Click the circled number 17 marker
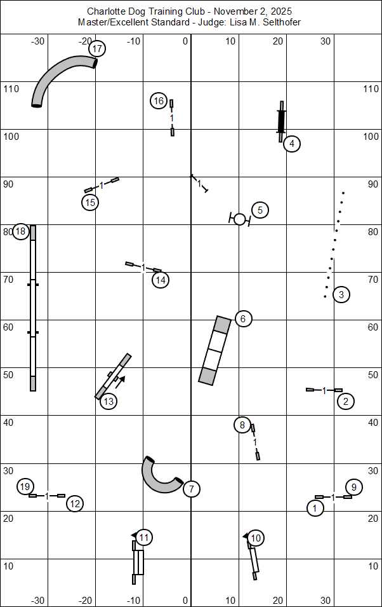tap(97, 48)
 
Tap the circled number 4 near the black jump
tap(291, 144)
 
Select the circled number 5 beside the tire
tap(260, 210)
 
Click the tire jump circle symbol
tap(239, 219)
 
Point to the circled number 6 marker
tap(243, 318)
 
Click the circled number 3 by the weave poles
tap(341, 294)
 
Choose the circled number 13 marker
tap(109, 401)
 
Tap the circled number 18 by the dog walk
tap(20, 231)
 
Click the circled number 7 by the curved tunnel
tap(192, 489)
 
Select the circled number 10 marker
tap(256, 538)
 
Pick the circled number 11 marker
tap(144, 538)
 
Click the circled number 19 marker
tap(25, 487)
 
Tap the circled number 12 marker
tap(75, 503)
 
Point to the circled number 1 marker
tap(315, 508)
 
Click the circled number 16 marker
tap(159, 100)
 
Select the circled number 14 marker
tap(161, 280)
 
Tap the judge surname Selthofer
tap(278, 22)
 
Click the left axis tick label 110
tap(11, 89)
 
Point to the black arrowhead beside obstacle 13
tap(121, 379)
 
